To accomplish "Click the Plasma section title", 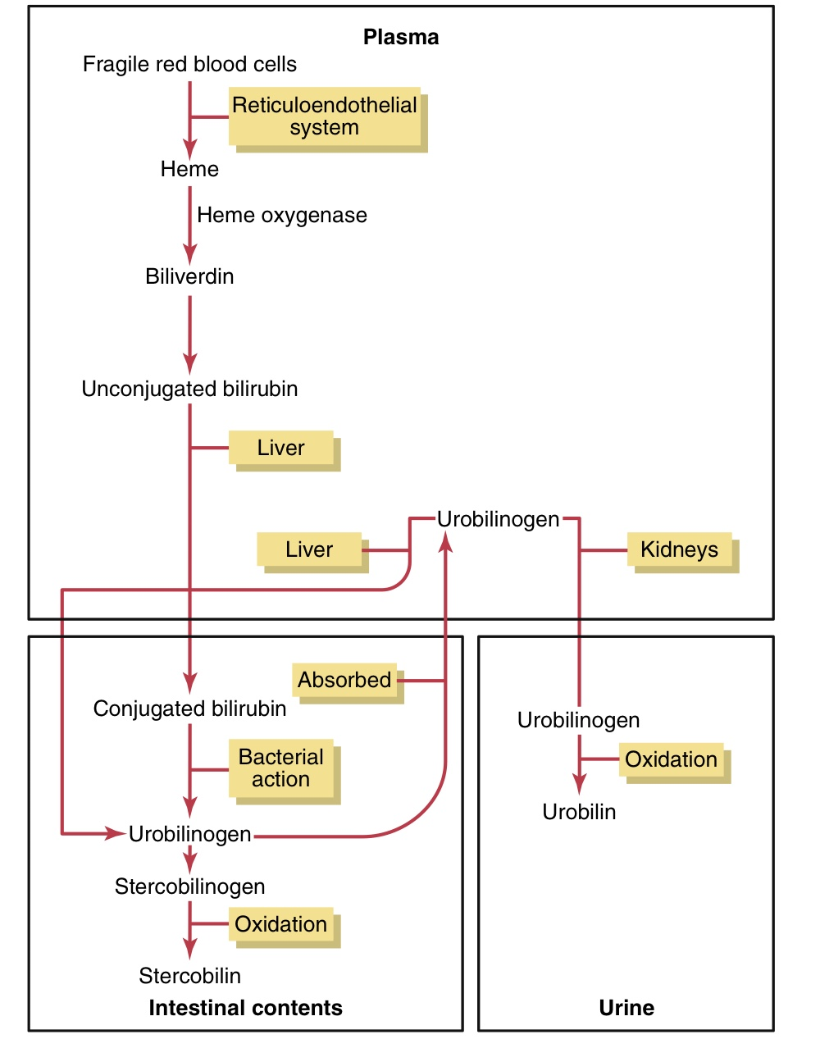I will (401, 37).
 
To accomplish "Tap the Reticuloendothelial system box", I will (325, 116).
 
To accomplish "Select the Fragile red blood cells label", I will (189, 64).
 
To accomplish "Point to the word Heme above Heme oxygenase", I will (189, 169).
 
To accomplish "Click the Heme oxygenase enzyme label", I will (282, 215).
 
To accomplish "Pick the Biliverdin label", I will (189, 276).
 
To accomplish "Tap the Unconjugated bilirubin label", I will (189, 389).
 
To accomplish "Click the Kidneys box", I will (679, 549).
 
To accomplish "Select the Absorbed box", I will (344, 680).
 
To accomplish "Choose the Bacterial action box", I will (281, 768).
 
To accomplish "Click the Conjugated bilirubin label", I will (189, 709).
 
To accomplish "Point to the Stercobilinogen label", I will (189, 886).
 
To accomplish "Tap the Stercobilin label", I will (189, 976).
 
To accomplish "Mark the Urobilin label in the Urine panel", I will (579, 812).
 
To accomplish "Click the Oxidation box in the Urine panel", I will (671, 759).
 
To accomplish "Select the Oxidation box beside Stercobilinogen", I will (281, 924).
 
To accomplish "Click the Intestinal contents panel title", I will (245, 1008).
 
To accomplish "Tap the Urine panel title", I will (626, 1008).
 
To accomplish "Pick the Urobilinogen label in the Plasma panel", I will (498, 519).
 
